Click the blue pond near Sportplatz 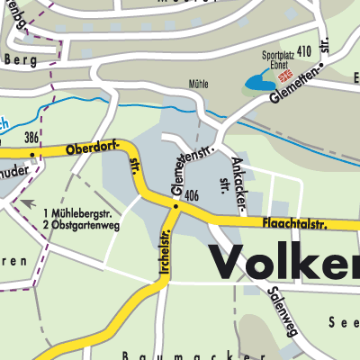258,85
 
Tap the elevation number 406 190,194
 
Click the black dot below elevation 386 32,154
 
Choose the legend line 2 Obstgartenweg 81,224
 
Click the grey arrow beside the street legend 29,203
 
